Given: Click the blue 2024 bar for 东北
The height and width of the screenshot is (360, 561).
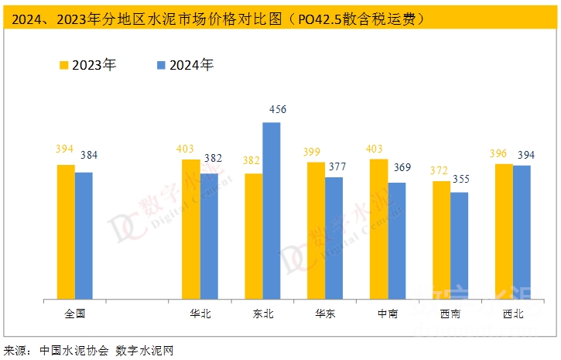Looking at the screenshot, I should [272, 211].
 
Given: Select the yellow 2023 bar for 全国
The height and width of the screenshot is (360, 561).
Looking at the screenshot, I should [66, 231].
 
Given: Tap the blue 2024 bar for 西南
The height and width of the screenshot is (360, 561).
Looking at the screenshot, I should [460, 245].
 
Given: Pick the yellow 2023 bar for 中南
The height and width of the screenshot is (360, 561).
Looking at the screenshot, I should [378, 228].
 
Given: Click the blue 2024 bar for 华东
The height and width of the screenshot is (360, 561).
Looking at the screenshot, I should [334, 238].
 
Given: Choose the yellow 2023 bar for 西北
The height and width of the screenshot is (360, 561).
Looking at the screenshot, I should [504, 231].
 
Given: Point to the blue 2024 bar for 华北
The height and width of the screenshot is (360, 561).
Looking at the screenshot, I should [209, 236].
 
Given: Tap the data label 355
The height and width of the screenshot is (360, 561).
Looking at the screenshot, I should [460, 180].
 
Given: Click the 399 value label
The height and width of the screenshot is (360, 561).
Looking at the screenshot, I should [316, 149].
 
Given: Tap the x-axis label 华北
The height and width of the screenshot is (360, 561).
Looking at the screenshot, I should [200, 314].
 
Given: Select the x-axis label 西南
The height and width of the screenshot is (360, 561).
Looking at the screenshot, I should [450, 314].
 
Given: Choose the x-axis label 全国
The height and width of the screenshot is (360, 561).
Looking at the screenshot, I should [74, 314].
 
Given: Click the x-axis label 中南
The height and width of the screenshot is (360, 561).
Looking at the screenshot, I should [388, 314].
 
